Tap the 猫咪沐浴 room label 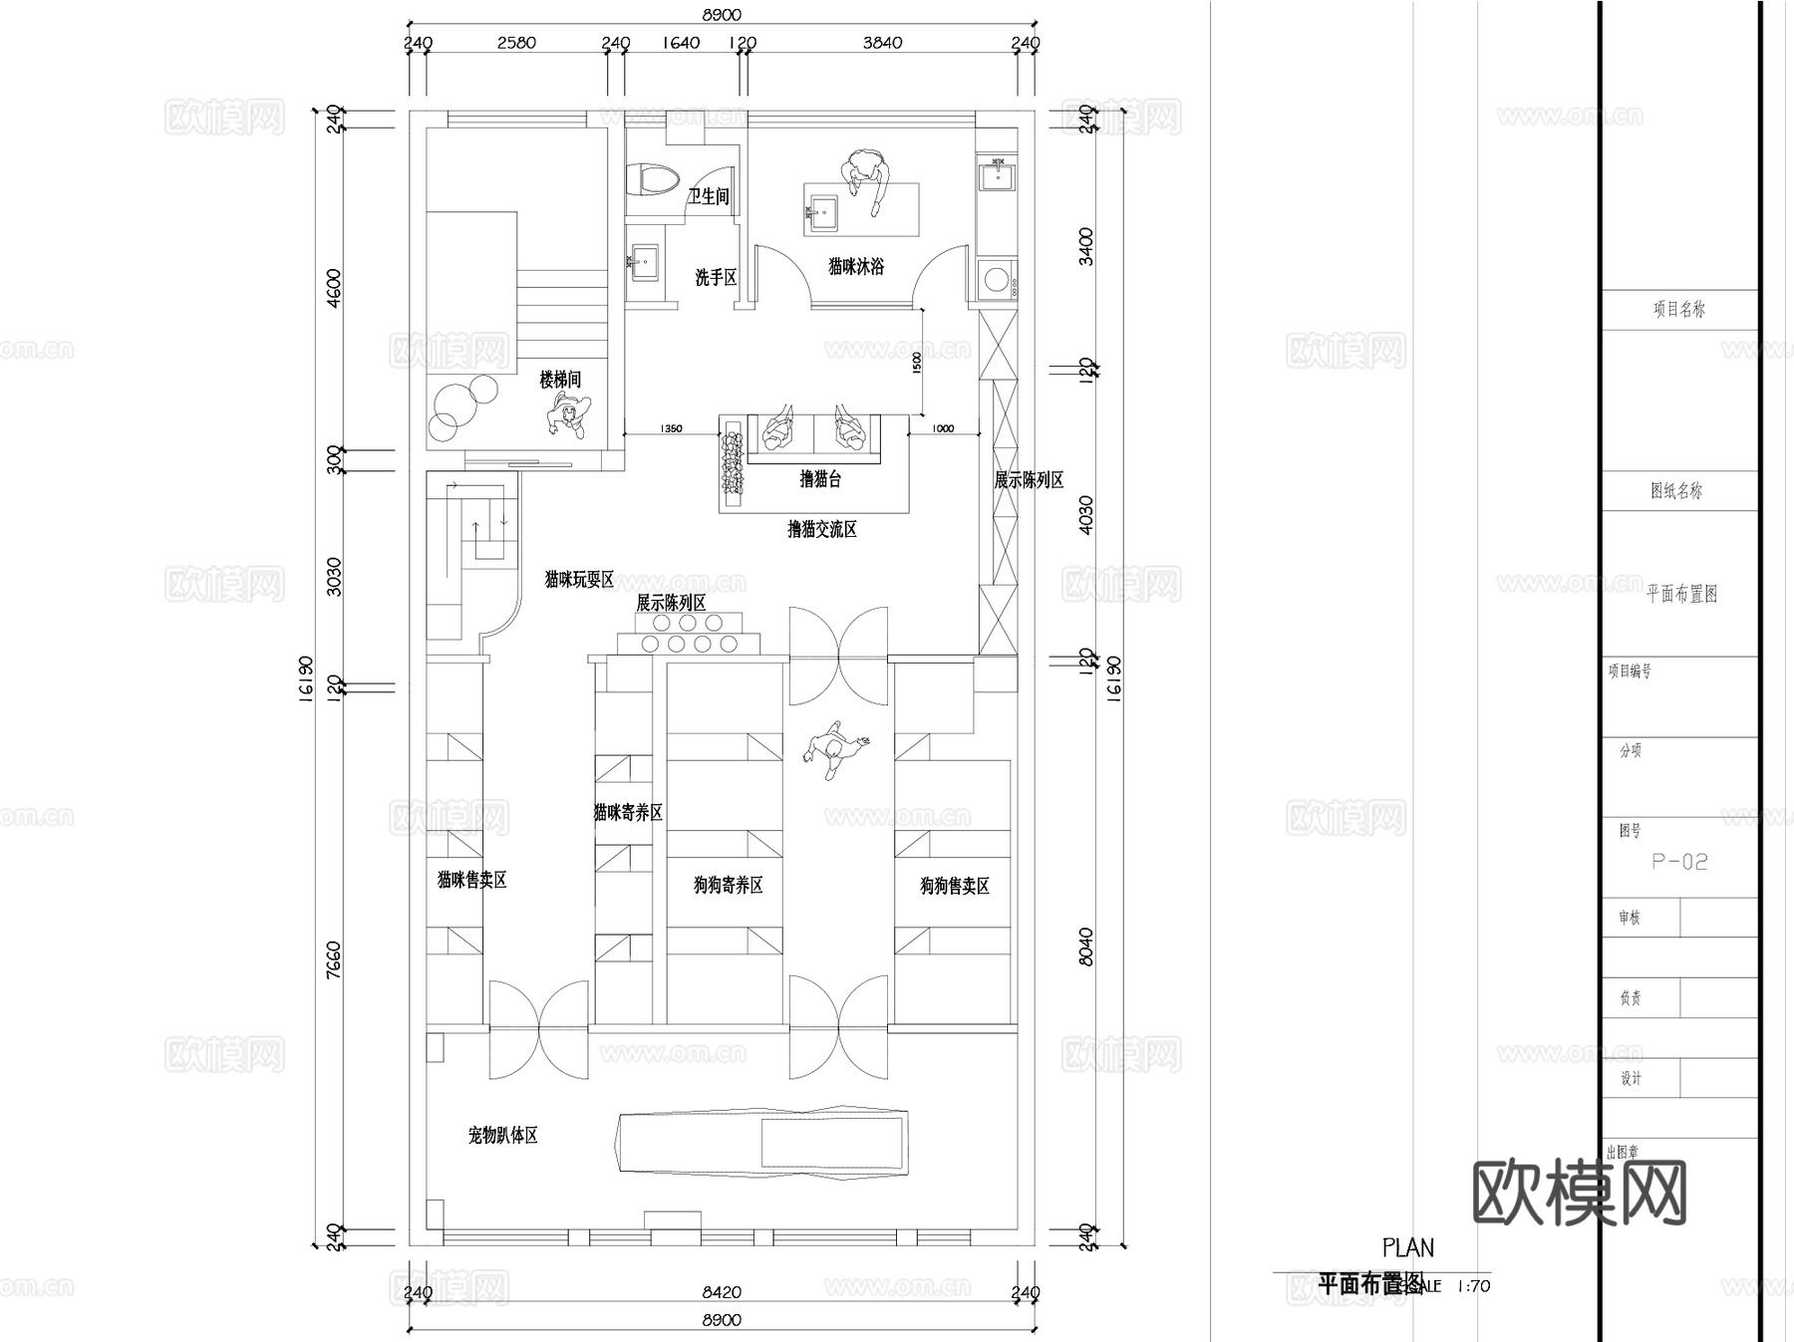point(856,267)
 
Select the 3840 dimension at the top point(882,43)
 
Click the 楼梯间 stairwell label point(560,380)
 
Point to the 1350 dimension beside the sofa point(671,428)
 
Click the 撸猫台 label point(820,479)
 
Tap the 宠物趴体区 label point(503,1135)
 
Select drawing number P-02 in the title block point(1679,862)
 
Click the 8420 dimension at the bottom point(722,1292)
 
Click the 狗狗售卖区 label point(954,886)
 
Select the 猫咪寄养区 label point(628,813)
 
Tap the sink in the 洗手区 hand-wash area point(644,264)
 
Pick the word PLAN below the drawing point(1408,1247)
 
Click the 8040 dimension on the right point(1086,946)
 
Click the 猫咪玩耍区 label point(579,580)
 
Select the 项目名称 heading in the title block point(1679,310)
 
